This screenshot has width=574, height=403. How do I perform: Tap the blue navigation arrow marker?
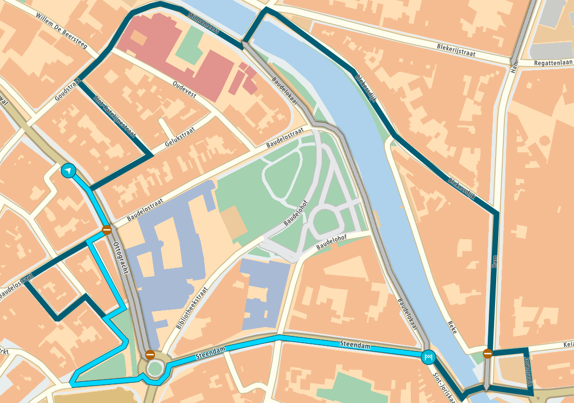coord(68,171)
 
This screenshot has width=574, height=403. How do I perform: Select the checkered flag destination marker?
coord(429,357)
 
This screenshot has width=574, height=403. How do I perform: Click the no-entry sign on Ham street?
coord(487,354)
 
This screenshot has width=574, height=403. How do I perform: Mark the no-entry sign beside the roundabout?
coord(150,355)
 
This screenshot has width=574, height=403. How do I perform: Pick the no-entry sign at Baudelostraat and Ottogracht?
coord(106,229)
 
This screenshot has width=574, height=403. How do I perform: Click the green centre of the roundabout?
coord(154,369)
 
